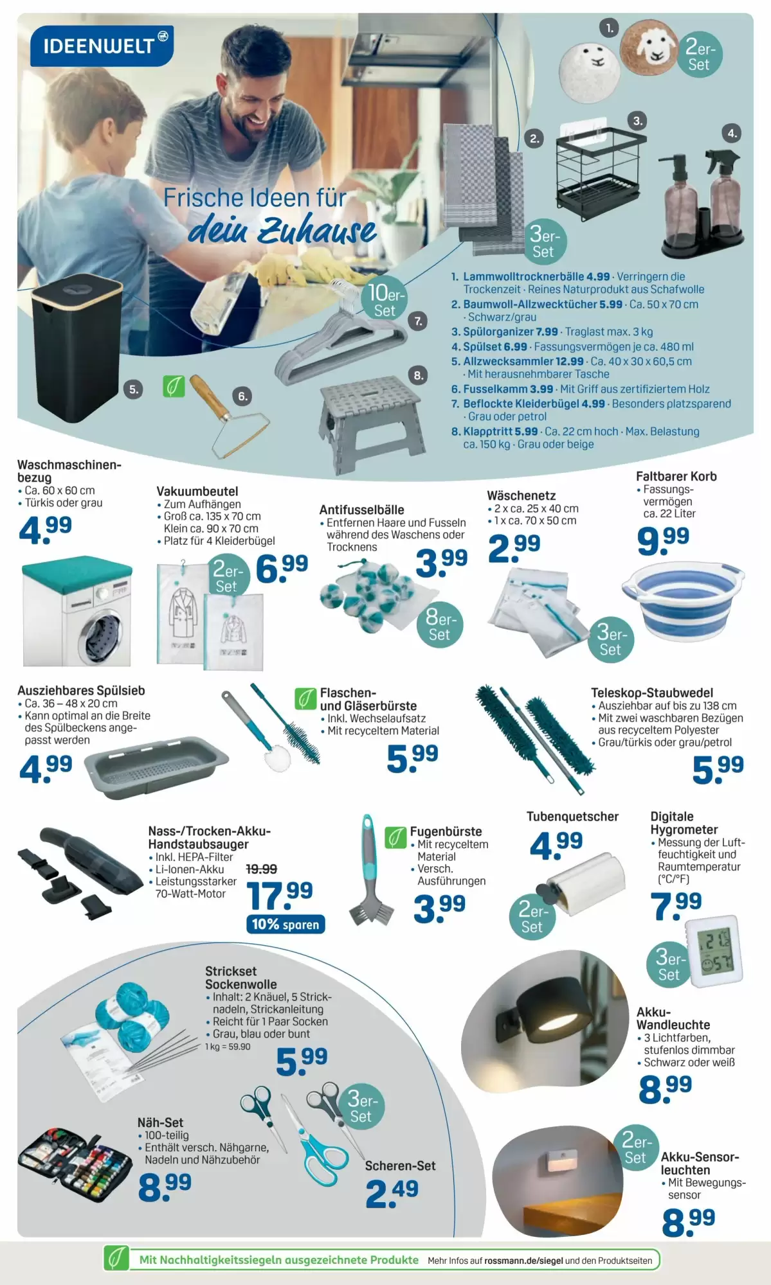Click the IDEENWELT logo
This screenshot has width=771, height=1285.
[102, 45]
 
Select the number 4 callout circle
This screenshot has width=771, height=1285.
[732, 134]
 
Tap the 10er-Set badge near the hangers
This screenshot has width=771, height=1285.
[385, 301]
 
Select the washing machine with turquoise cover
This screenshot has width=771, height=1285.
[77, 611]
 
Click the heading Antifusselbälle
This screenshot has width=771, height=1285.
[361, 510]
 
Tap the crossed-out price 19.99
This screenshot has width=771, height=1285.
[262, 869]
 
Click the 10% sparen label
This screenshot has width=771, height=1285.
[285, 924]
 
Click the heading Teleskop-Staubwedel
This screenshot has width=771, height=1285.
[652, 693]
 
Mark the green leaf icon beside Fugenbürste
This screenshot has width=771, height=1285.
[395, 837]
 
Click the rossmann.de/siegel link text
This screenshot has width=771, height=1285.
[523, 1261]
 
